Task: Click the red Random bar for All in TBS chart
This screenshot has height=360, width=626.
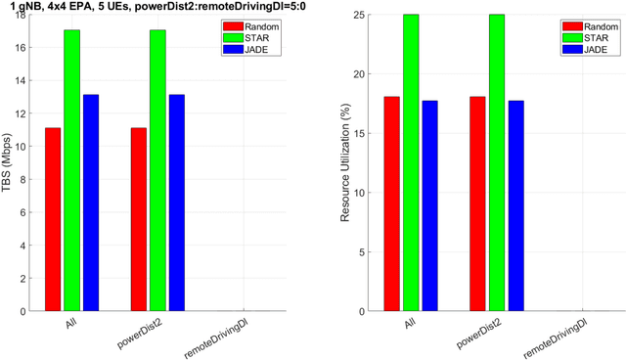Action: click(53, 219)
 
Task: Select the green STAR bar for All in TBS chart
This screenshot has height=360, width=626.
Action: click(72, 170)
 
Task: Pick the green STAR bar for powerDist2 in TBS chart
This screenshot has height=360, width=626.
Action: click(157, 170)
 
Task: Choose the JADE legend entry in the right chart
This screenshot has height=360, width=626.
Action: click(590, 48)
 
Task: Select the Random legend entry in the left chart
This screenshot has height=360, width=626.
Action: click(253, 23)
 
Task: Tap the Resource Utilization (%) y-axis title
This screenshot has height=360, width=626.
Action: click(344, 162)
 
